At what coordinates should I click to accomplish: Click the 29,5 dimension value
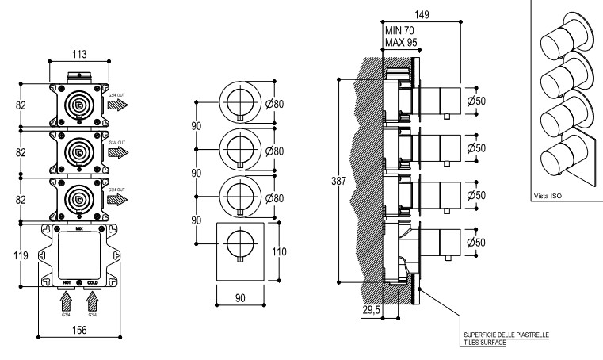[x=372, y=310]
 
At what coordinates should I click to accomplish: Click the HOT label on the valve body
[x=69, y=281]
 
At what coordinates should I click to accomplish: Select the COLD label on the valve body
[x=94, y=281]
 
